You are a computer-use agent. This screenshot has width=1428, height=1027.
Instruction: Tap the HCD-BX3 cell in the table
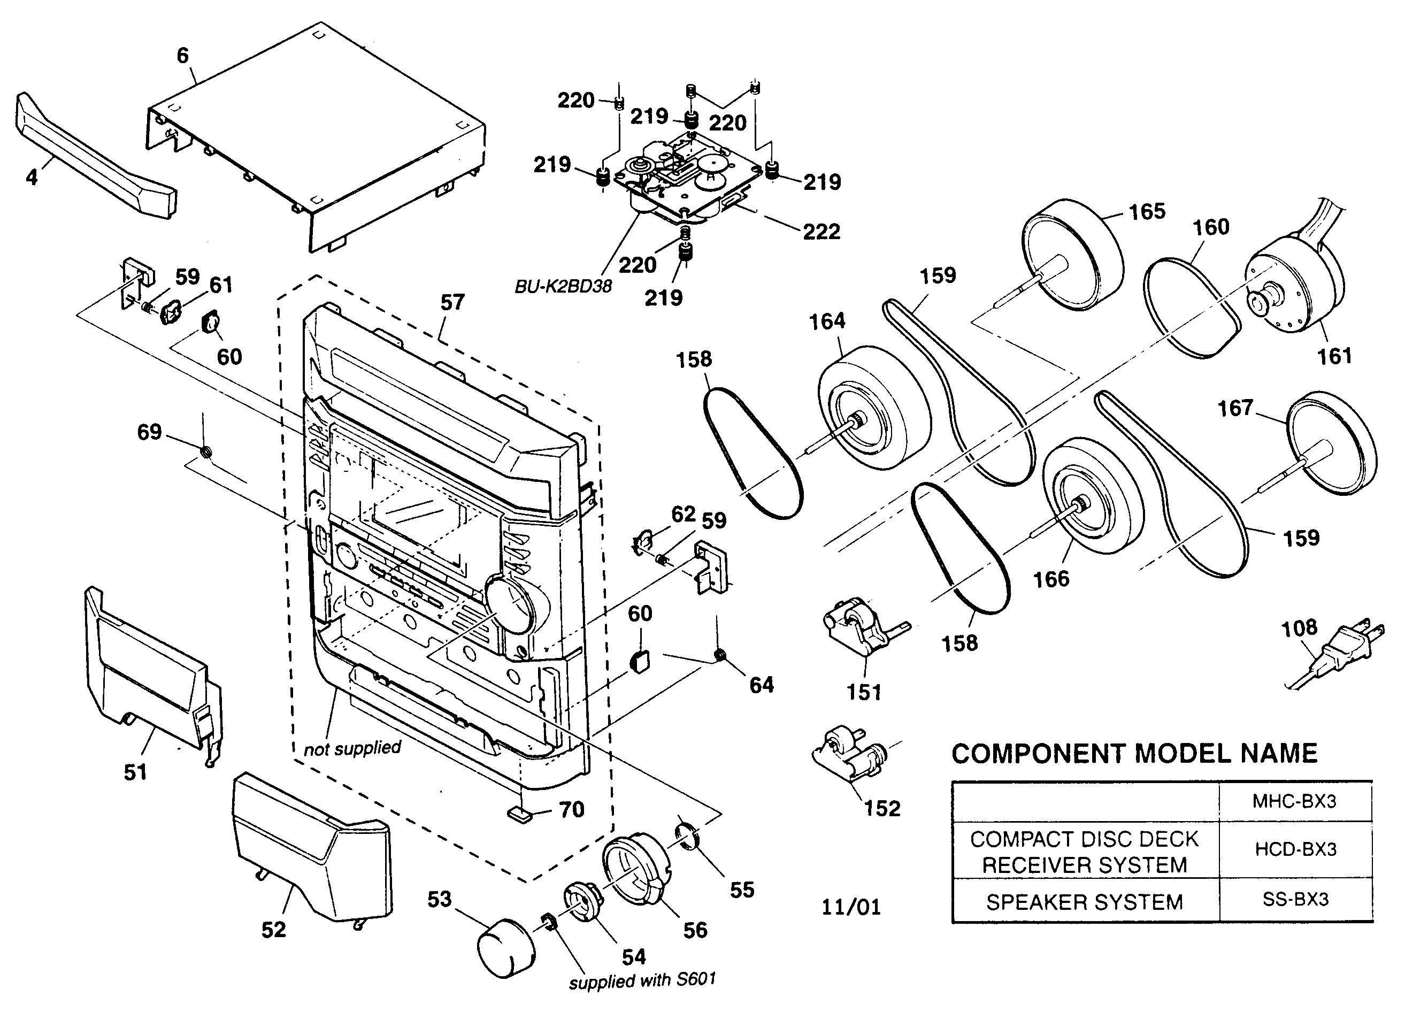1295,849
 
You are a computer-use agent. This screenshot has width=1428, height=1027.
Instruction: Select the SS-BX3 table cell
1295,899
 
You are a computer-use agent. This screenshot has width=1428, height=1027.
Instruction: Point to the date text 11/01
850,907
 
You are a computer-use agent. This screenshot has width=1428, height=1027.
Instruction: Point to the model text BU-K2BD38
563,287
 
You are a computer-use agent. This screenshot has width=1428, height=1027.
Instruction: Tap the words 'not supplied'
352,748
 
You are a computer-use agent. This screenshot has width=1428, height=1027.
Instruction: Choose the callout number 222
821,232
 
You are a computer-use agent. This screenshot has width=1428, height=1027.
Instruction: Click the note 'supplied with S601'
642,980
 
